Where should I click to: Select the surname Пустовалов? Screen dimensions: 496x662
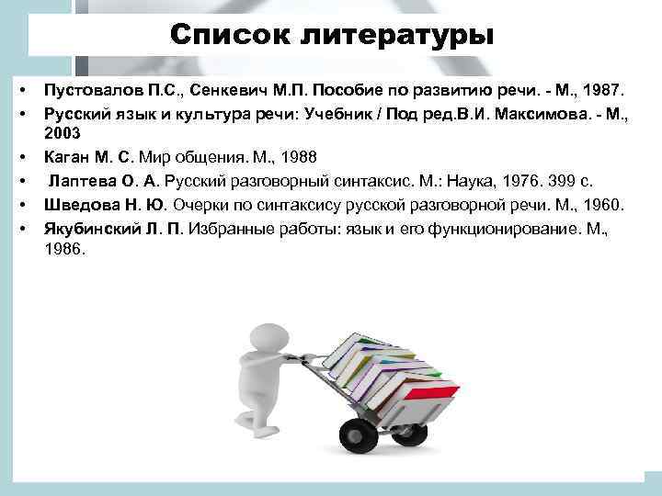tap(91, 91)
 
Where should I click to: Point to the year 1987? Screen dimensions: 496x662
tap(602, 91)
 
